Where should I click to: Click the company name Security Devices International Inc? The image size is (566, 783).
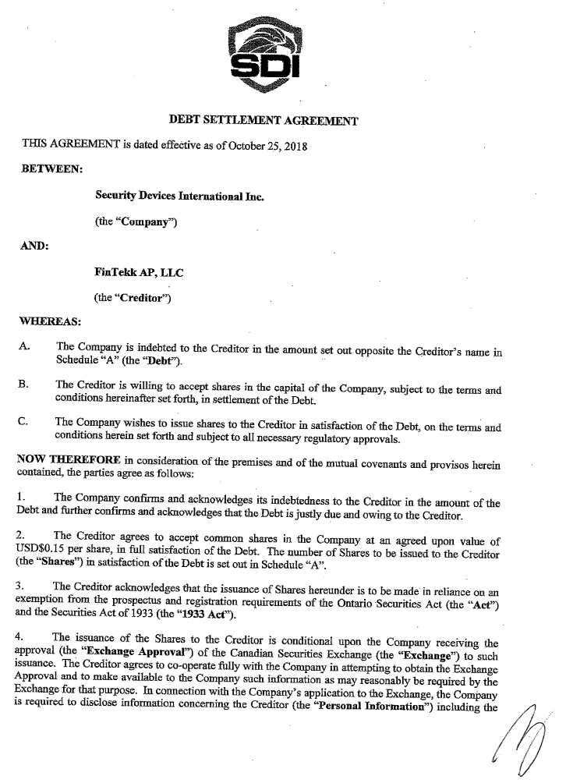point(179,197)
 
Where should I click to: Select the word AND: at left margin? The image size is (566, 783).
point(36,245)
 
